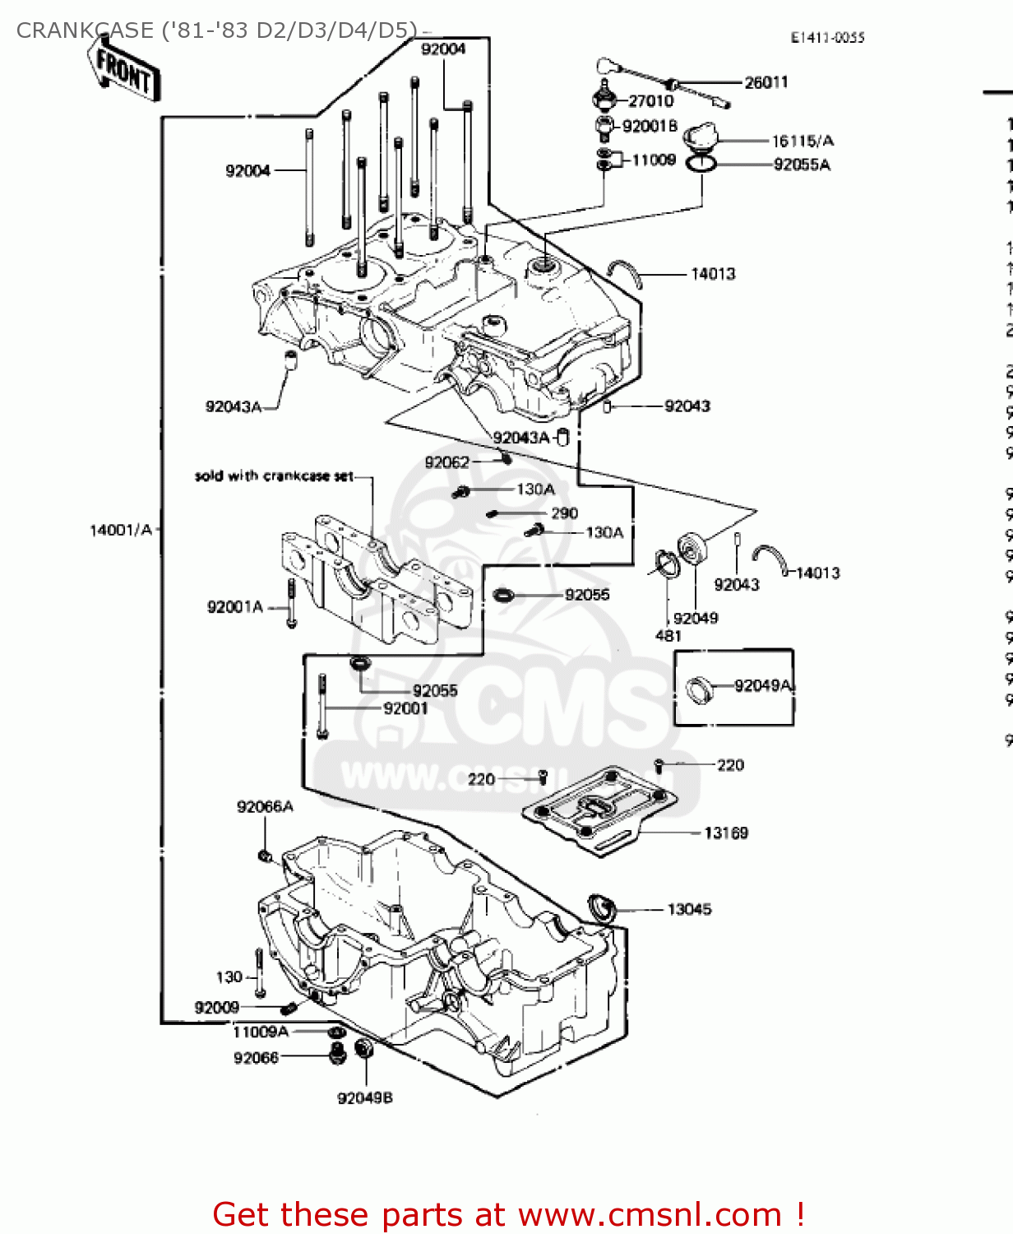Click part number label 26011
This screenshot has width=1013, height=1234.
coord(766,82)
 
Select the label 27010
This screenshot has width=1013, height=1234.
coord(650,101)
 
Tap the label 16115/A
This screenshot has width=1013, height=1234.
coord(802,141)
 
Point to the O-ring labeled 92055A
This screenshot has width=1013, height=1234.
coord(701,164)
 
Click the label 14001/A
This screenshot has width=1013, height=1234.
coord(121,531)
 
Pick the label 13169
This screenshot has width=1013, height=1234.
coord(726,833)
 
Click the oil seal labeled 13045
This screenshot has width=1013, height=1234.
coord(602,907)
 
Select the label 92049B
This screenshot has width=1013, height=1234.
coord(364,1098)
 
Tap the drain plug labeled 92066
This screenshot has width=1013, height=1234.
coord(336,1053)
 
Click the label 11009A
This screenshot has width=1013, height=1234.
coord(261,1032)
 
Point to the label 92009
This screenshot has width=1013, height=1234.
coord(216,1008)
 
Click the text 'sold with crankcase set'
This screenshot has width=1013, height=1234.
coord(274,476)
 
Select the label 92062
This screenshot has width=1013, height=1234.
coord(446,462)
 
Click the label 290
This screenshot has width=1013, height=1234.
coord(564,513)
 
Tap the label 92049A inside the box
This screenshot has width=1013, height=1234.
coord(763,685)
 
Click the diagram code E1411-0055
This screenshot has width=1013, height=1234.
coord(827,38)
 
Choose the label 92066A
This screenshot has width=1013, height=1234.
coord(265,807)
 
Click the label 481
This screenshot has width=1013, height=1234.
coord(668,636)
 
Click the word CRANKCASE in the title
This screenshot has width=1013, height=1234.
coord(85,30)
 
